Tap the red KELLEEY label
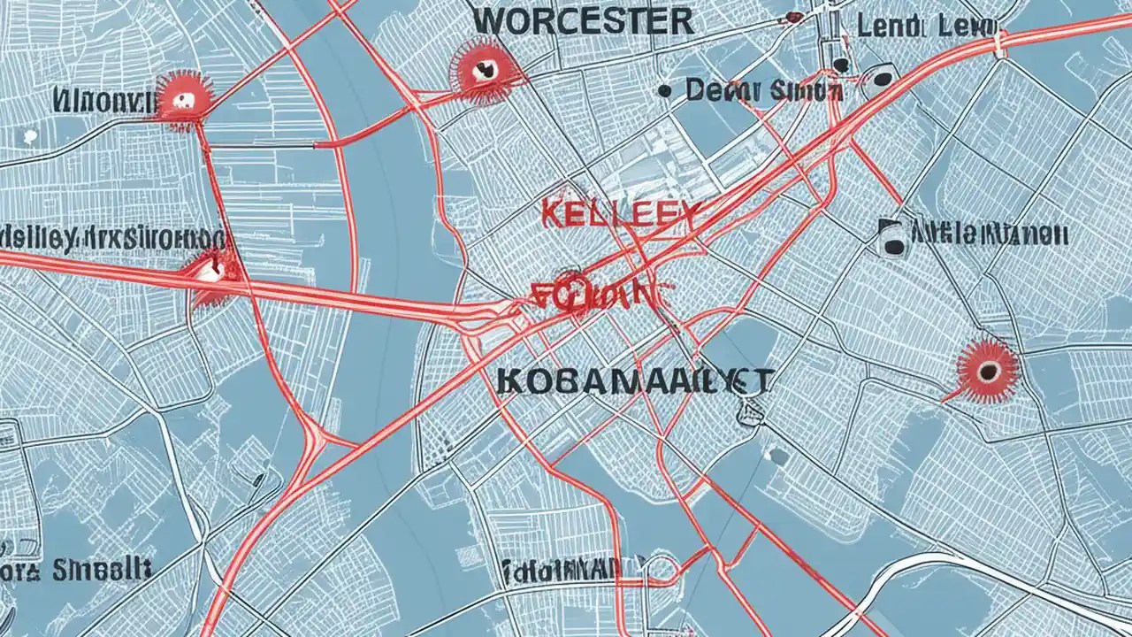click(x=619, y=215)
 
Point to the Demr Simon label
click(x=763, y=89)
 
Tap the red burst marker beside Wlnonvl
click(x=183, y=100)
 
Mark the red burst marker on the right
click(x=987, y=369)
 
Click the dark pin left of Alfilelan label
click(x=892, y=238)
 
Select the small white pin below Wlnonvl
click(x=28, y=136)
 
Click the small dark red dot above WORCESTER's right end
click(x=793, y=17)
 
